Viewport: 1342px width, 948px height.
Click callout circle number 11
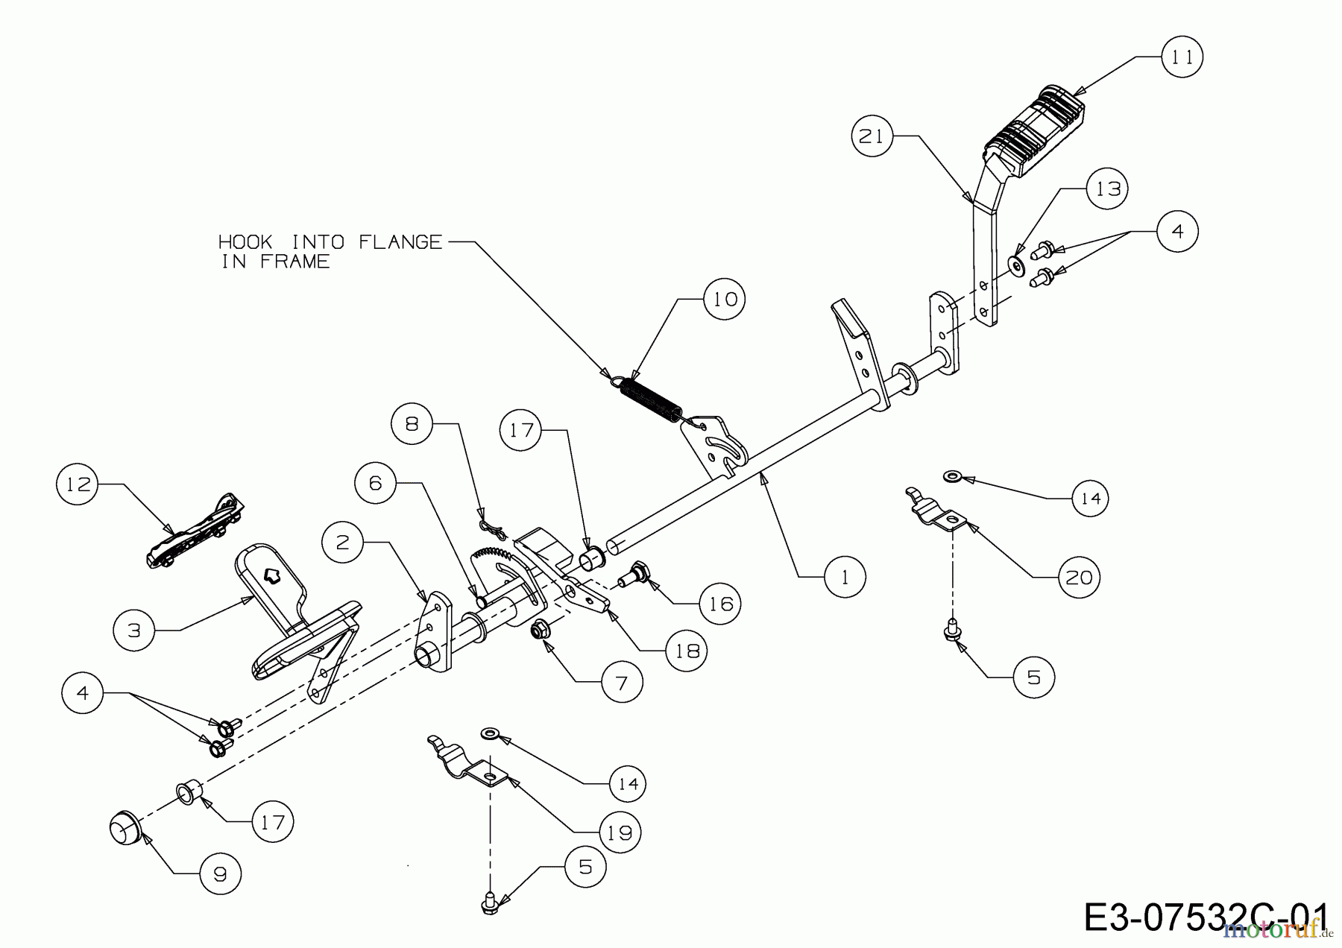[1182, 57]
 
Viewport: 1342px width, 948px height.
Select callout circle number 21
[872, 136]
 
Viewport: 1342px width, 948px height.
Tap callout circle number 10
[725, 299]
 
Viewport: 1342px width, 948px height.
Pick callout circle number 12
[78, 484]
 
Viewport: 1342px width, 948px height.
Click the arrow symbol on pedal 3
[271, 574]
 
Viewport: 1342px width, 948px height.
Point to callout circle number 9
[220, 873]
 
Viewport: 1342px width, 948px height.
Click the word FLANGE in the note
[400, 242]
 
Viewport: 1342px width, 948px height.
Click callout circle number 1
[845, 576]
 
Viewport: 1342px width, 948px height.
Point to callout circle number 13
[1108, 189]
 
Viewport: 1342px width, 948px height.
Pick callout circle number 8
[412, 424]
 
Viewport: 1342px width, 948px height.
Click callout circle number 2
[343, 542]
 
